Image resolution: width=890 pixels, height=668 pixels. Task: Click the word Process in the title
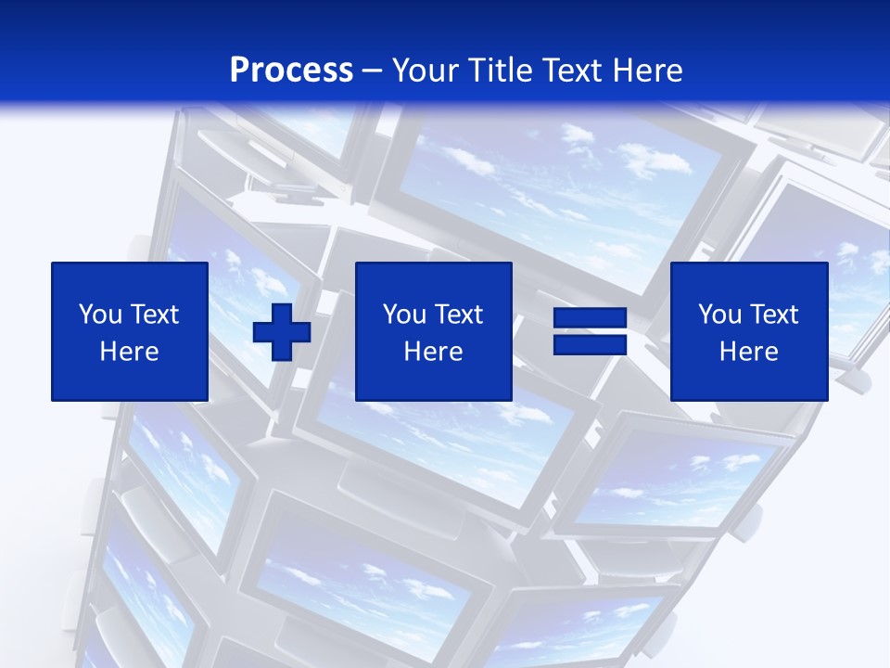click(291, 71)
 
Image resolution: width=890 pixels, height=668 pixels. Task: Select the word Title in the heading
click(502, 71)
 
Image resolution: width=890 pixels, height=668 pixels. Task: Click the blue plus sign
click(282, 332)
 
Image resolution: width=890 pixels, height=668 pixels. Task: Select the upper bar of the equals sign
click(591, 317)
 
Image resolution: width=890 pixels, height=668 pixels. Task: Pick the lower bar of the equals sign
click(591, 344)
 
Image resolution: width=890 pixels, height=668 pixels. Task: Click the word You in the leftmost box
click(100, 315)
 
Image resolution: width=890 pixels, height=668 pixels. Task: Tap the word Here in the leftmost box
click(129, 352)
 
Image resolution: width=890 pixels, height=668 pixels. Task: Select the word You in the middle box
click(404, 315)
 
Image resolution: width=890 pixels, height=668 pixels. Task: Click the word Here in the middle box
click(433, 352)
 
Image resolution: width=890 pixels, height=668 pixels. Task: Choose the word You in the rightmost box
click(719, 315)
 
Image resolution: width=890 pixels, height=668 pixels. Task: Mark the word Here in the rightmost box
click(748, 352)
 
